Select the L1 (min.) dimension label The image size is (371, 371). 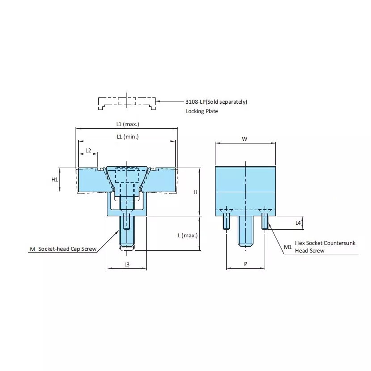point(127,137)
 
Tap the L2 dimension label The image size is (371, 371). point(88,150)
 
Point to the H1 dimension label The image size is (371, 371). point(55,180)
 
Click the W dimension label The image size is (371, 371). point(245,139)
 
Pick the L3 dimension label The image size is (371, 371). point(126,265)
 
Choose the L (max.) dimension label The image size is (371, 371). point(187,235)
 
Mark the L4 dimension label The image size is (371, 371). point(298,222)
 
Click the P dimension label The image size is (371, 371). point(245,264)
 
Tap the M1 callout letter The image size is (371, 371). point(288,247)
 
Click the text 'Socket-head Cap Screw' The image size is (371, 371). point(67,249)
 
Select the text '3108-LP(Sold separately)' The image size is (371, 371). point(216,102)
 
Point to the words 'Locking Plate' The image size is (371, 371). point(202,111)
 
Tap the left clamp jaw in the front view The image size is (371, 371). point(89,180)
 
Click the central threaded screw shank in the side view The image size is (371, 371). point(245,231)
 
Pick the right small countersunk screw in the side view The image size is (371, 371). point(265,221)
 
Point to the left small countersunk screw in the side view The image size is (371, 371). point(226,221)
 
